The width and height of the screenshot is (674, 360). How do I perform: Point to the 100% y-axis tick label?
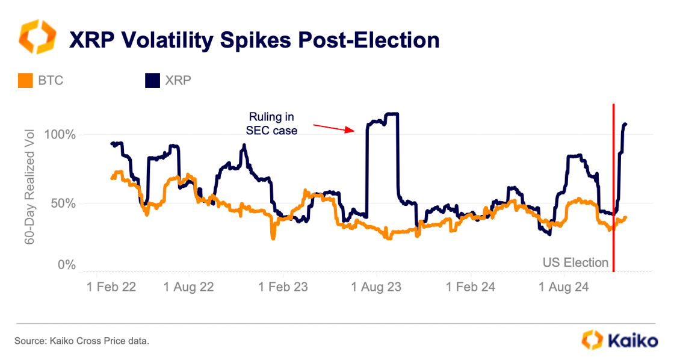point(62,134)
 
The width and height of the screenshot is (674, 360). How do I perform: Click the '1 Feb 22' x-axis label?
point(111,287)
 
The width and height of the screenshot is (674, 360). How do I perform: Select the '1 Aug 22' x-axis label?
point(188,287)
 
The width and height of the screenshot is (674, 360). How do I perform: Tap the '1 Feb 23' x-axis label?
point(283,287)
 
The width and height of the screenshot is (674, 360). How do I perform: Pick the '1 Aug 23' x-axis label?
point(377,287)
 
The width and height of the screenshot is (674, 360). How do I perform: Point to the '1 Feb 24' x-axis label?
point(471,287)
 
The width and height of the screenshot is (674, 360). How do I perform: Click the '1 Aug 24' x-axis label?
point(564,287)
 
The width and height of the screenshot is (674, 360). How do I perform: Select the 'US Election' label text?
point(575,262)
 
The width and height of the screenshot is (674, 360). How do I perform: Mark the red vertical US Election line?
point(613,181)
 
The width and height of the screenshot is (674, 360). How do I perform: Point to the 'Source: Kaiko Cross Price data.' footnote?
point(82,341)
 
